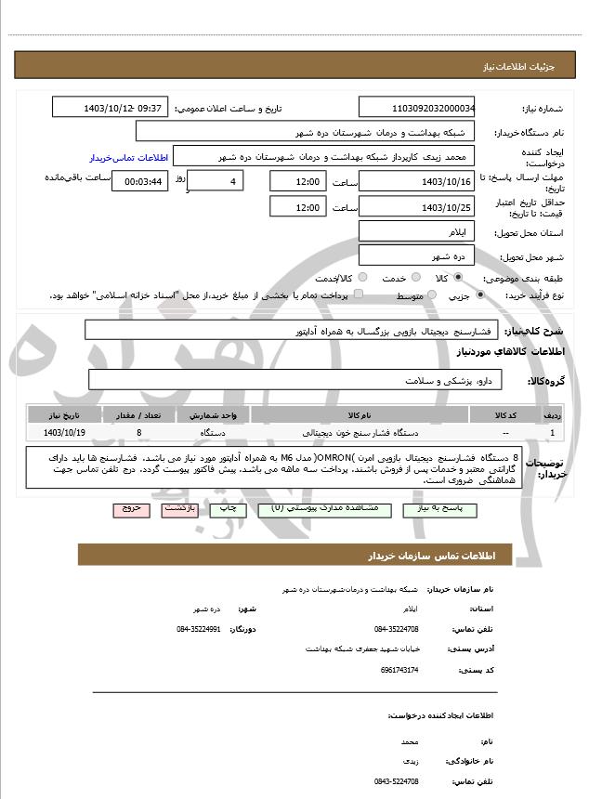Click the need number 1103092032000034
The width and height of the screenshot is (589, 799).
(x=417, y=108)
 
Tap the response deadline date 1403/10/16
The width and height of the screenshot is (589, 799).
(x=417, y=181)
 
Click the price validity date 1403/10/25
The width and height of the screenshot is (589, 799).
(x=417, y=207)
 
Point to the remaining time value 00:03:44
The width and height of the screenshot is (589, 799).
(x=139, y=181)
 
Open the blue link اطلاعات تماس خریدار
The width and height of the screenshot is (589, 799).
(x=126, y=158)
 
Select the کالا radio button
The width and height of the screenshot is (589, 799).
(x=458, y=278)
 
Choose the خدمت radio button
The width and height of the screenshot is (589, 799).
(x=415, y=278)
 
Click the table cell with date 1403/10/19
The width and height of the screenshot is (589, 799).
(x=64, y=433)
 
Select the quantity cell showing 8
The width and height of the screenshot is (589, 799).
(x=138, y=433)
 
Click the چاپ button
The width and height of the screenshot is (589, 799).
(x=226, y=509)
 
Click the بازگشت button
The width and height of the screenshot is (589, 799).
(x=177, y=509)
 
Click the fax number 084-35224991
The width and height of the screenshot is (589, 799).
(x=198, y=629)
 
